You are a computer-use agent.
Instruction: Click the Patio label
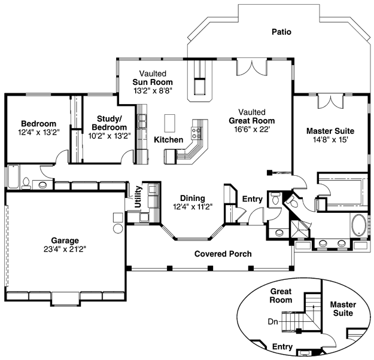click(x=281, y=32)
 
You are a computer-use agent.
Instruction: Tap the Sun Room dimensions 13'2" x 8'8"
click(x=153, y=90)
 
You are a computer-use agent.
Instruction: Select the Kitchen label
click(x=168, y=140)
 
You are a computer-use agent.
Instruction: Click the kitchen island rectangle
click(x=169, y=123)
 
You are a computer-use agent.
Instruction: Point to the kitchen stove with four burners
click(x=196, y=133)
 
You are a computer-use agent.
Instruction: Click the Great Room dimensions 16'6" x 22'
click(x=252, y=129)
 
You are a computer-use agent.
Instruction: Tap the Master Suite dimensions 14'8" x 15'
click(x=330, y=139)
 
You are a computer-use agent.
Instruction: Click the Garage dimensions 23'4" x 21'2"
click(x=65, y=249)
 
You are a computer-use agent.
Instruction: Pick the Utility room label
click(x=138, y=197)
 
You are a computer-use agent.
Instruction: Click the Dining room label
click(x=193, y=198)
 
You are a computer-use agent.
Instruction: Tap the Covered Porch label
click(x=223, y=254)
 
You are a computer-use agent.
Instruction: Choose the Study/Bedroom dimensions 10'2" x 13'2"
click(x=110, y=136)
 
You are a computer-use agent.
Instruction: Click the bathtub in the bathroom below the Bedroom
click(x=13, y=176)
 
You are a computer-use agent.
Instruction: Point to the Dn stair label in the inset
click(x=273, y=322)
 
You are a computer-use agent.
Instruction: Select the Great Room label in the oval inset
click(x=281, y=295)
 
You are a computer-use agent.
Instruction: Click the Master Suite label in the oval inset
click(x=343, y=309)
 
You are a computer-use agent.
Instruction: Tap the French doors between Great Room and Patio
click(x=252, y=68)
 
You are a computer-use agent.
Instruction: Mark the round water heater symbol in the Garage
click(x=118, y=228)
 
